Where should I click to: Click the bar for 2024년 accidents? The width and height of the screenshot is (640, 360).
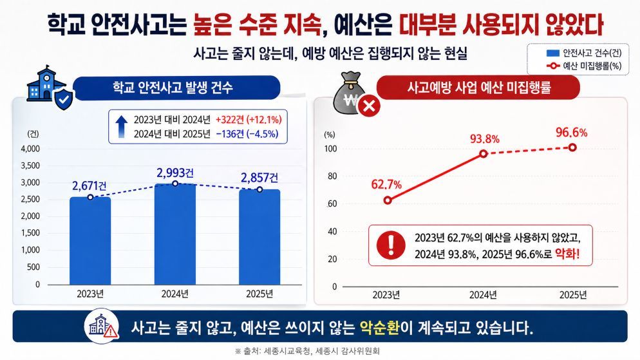174,234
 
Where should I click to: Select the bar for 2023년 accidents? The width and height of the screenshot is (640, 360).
90,241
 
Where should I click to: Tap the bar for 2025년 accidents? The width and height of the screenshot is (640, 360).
259,237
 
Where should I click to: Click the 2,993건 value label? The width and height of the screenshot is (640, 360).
174,173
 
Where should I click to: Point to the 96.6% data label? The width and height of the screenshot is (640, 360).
571,133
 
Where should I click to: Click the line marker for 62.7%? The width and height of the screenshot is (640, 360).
387,200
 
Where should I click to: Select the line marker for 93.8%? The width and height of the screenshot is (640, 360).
484,154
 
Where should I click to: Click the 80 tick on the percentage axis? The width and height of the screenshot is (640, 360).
332,176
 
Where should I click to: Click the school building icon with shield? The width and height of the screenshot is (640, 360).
48,85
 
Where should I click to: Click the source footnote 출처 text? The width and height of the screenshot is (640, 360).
319,351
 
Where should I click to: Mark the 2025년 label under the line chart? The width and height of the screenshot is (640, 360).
571,295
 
